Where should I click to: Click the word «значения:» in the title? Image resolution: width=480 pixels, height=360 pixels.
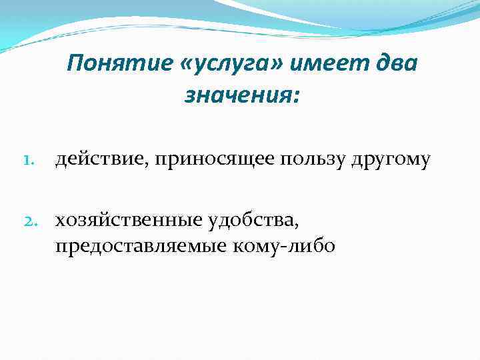click(x=242, y=97)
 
